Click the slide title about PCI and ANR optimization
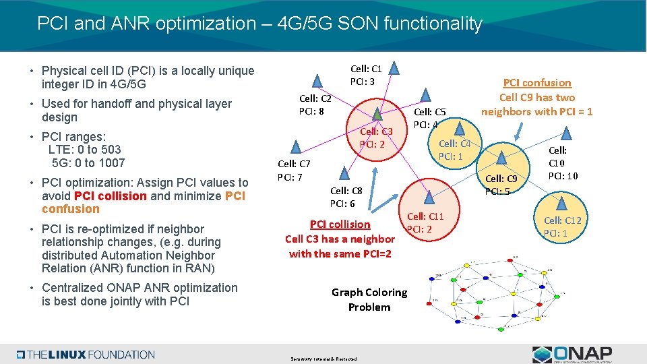point(259,24)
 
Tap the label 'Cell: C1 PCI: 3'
point(366,75)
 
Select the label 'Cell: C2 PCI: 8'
point(315,104)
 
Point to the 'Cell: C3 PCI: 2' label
point(375,138)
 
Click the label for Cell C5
point(429,119)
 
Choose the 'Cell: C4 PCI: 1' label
point(455,150)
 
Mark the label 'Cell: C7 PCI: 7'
point(294,171)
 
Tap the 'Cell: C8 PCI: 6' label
point(346,198)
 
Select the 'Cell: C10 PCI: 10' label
point(562,164)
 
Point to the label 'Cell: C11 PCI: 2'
point(425,223)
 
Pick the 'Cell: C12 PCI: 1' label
point(562,227)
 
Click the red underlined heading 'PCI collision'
point(340,224)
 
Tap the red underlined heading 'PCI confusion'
point(537,83)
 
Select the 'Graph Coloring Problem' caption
point(369,300)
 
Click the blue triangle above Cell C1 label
point(395,67)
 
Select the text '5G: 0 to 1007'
point(88,163)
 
